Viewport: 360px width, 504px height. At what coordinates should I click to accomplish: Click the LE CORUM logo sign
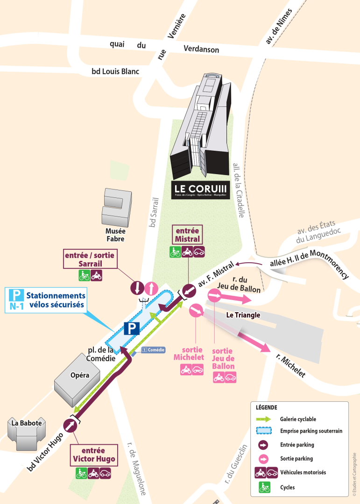tap(201, 190)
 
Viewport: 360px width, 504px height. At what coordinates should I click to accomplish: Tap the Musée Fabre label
tap(115, 235)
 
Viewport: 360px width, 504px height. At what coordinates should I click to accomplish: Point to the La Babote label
tap(27, 423)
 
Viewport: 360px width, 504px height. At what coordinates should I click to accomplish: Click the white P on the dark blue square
tap(132, 328)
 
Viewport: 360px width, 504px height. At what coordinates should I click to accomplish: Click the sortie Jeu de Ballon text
tap(224, 358)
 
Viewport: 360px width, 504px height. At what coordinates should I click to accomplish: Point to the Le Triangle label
tap(243, 315)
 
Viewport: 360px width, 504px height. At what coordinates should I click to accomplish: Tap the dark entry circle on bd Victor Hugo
tap(71, 426)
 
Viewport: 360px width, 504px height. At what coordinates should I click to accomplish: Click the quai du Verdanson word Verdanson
tap(202, 49)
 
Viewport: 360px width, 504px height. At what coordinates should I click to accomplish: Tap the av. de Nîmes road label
tap(279, 27)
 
